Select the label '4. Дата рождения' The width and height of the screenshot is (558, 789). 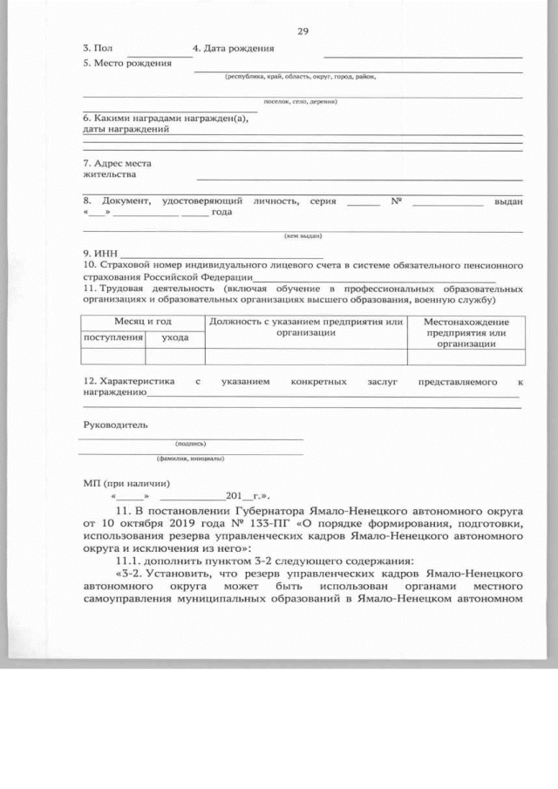(233, 48)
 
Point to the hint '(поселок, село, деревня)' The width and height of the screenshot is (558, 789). (300, 102)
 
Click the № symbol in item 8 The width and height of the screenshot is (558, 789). (396, 201)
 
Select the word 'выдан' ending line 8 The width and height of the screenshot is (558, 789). (507, 201)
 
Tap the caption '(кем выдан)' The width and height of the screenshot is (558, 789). (303, 236)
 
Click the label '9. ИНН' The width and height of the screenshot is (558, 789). (94, 253)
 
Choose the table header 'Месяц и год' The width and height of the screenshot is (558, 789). (143, 322)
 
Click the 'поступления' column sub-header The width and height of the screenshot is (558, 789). (112, 337)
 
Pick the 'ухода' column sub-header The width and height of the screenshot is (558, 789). (174, 337)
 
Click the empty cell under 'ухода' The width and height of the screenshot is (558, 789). (174, 356)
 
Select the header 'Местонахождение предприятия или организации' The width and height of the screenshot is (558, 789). (466, 332)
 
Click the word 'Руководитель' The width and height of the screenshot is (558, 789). (115, 425)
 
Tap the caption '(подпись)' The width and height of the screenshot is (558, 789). (190, 443)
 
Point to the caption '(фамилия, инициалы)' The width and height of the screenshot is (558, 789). (190, 459)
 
